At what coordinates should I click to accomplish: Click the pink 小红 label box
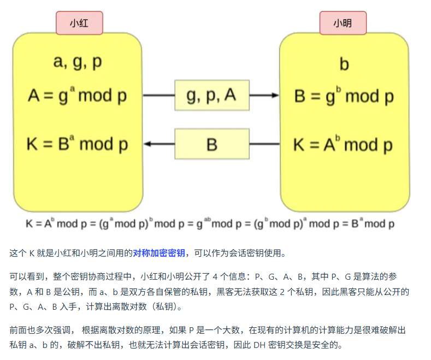click(x=79, y=23)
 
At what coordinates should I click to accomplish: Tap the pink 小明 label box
click(x=343, y=23)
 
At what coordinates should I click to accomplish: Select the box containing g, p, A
click(x=211, y=96)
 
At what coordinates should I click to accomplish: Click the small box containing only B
click(x=211, y=144)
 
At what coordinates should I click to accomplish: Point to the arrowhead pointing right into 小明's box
click(x=273, y=96)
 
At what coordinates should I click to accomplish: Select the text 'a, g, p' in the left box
click(x=78, y=62)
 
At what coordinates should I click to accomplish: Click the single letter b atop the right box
click(x=344, y=64)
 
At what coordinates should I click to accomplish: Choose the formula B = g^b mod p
click(x=344, y=96)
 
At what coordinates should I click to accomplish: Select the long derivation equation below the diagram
click(x=210, y=223)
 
